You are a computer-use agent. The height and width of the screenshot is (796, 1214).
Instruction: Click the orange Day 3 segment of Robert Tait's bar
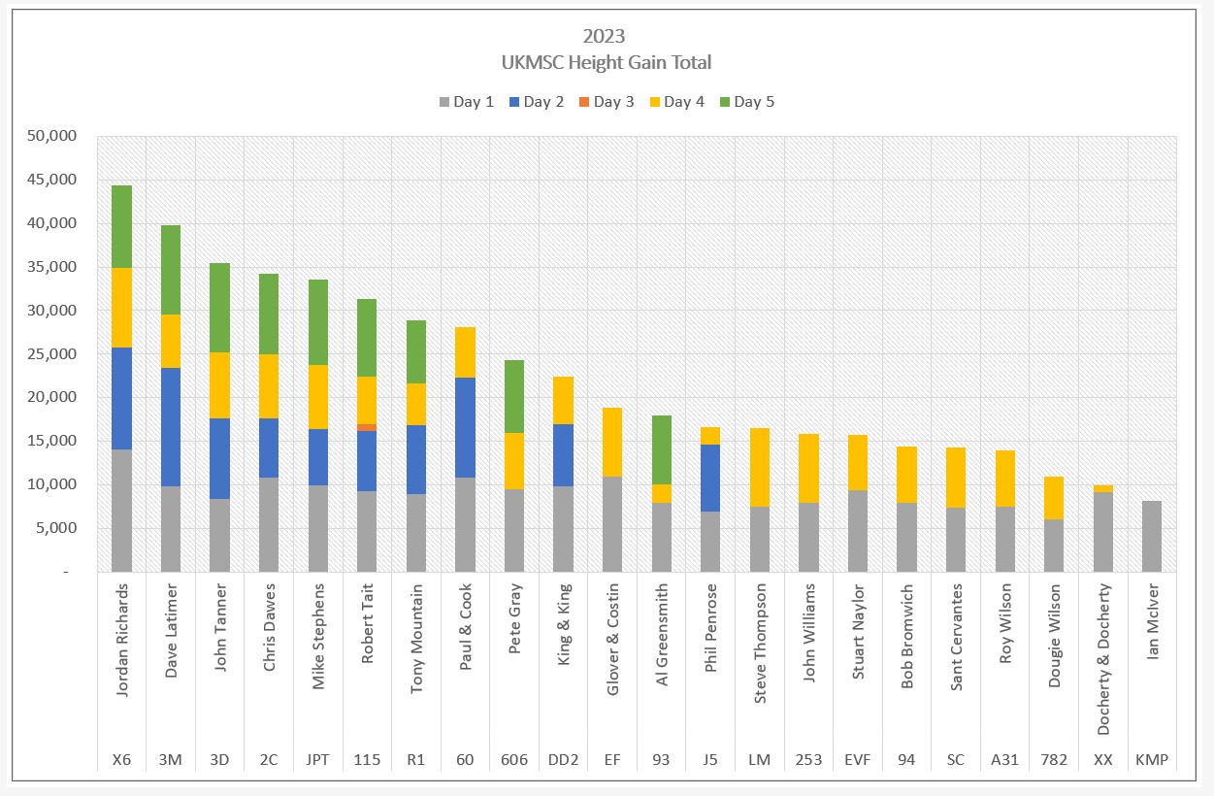point(367,427)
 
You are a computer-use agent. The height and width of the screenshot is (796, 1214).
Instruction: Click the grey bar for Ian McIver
point(1152,536)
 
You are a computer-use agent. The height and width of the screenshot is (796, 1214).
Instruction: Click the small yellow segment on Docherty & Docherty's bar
point(1102,488)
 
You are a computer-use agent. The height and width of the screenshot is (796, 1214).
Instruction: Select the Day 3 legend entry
point(606,101)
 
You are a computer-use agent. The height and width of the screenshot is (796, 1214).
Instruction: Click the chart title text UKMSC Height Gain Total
point(607,62)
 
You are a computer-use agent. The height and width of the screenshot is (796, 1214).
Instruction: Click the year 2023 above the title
point(604,37)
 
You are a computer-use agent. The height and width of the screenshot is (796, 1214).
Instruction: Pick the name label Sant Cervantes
point(956,637)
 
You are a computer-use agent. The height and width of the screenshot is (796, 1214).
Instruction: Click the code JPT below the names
point(317,759)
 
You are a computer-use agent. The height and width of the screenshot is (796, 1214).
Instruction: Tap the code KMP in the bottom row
point(1152,759)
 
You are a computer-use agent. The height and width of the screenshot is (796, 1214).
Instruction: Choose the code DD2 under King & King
point(564,759)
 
